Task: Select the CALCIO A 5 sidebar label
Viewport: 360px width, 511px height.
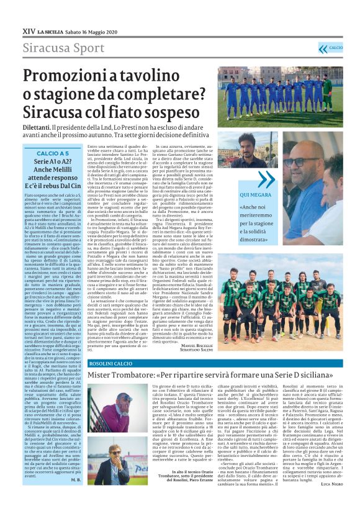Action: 53,153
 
